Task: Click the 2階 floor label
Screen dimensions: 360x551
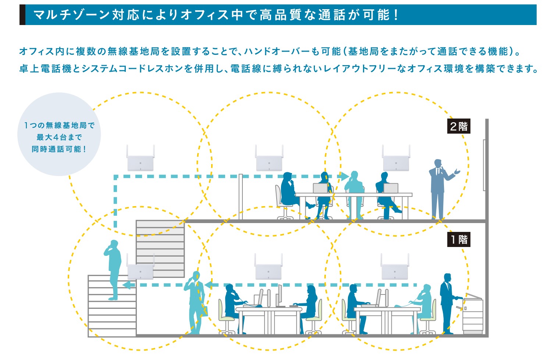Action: [x=459, y=126]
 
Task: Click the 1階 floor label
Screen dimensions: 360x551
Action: [x=459, y=240]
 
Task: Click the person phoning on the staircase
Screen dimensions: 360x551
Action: [x=114, y=269]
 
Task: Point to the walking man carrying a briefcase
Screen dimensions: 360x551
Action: [x=195, y=302]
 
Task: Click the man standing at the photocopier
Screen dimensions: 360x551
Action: [x=447, y=302]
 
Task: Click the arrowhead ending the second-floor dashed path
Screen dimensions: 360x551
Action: [x=344, y=176]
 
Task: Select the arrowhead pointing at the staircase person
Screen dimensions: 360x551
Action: [x=127, y=285]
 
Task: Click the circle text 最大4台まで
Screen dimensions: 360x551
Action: [x=59, y=137]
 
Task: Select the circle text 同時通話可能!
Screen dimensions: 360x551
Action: [x=59, y=149]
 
